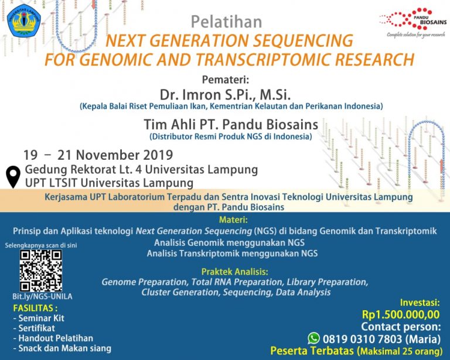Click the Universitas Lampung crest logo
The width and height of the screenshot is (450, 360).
tap(23, 20)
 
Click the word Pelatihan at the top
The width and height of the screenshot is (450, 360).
tap(226, 23)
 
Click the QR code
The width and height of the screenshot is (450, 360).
tap(40, 270)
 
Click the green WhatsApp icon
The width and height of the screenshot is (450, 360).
tap(314, 338)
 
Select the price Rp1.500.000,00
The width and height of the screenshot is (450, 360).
tap(401, 315)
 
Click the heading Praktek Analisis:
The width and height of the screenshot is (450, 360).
tap(235, 272)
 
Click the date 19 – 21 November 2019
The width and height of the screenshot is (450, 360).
tap(98, 155)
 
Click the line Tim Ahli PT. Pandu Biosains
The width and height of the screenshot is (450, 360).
tap(230, 124)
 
